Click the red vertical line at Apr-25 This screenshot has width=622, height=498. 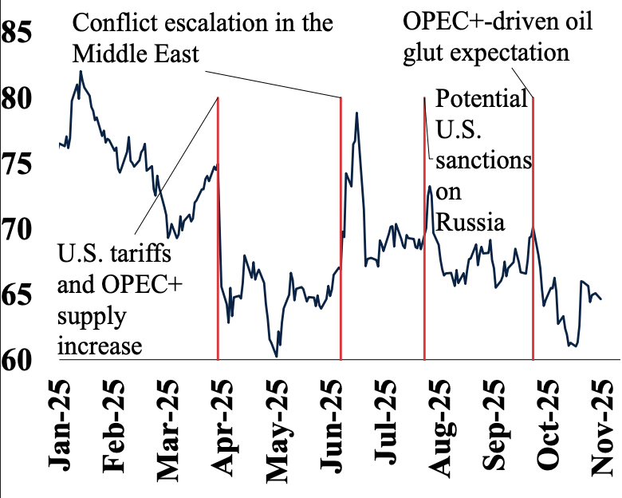click(x=218, y=239)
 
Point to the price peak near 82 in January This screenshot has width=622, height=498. click(x=81, y=72)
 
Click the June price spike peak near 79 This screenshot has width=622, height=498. click(x=356, y=113)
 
